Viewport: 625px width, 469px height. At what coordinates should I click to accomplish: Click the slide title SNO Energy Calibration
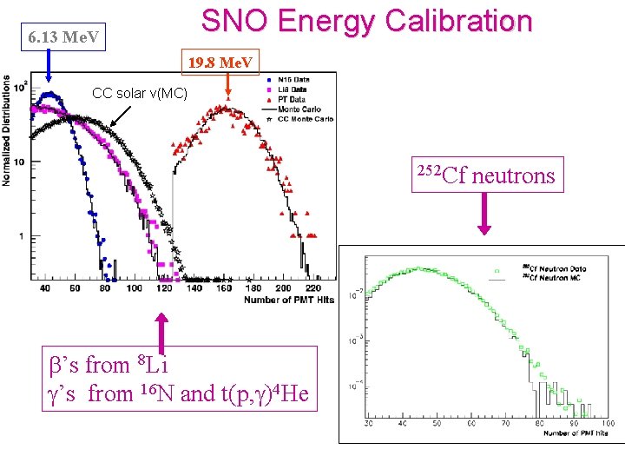point(366,22)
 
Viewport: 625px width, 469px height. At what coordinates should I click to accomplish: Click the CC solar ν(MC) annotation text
point(140,93)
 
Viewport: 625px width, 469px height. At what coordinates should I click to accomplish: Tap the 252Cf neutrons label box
point(490,175)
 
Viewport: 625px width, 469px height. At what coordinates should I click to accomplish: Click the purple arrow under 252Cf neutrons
point(484,214)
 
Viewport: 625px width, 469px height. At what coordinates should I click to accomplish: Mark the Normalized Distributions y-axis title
point(8,130)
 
